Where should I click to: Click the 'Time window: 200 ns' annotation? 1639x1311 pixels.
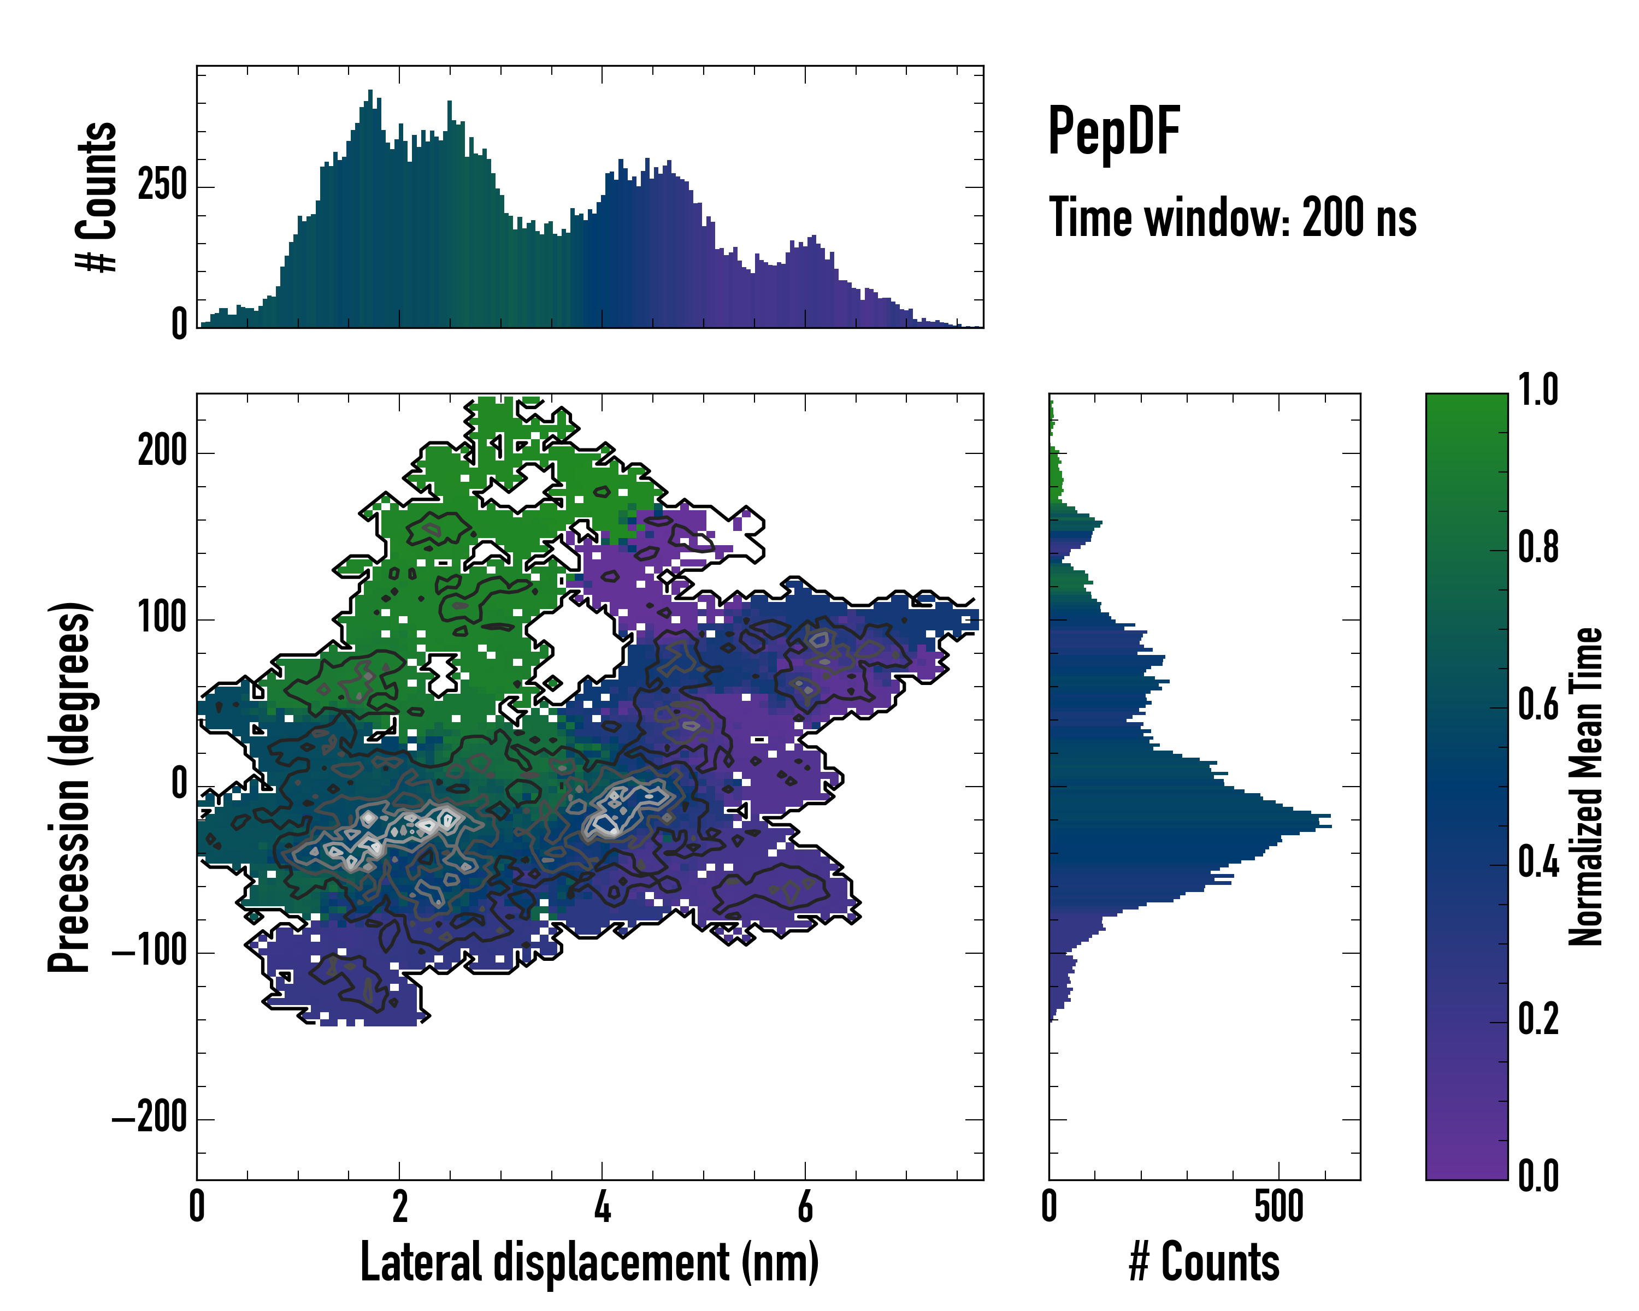click(1233, 218)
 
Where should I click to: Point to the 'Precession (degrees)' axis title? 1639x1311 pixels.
click(70, 787)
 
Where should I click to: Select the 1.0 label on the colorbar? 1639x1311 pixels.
click(1538, 390)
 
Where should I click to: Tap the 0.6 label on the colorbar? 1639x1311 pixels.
click(1538, 705)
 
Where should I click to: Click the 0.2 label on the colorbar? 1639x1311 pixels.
click(1538, 1020)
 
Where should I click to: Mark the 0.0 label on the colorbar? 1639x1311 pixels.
click(1538, 1177)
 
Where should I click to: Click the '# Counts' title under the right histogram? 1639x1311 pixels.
click(1204, 1262)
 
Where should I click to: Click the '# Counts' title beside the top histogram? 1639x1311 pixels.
click(97, 197)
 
